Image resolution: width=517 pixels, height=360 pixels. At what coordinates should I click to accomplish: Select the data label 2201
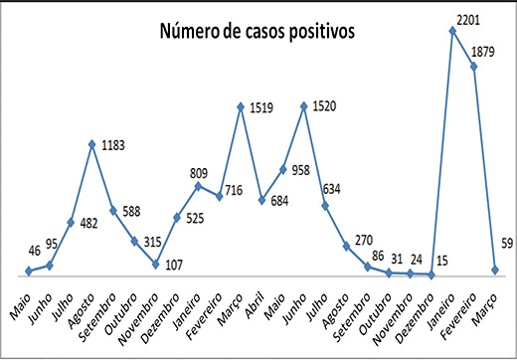point(468,21)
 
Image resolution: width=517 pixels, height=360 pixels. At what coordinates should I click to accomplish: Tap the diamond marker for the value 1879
point(474,67)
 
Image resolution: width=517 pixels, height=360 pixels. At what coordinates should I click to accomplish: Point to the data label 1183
point(113,145)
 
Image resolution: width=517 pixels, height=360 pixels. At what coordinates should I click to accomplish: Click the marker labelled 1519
point(241,107)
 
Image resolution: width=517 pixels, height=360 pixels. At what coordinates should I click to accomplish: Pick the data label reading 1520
point(324,106)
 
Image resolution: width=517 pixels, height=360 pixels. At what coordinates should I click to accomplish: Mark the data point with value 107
point(156,264)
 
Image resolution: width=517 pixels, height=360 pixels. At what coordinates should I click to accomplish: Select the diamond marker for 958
point(283,169)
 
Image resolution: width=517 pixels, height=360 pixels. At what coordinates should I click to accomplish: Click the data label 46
point(35,251)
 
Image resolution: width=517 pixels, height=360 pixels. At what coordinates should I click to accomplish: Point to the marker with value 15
point(431,274)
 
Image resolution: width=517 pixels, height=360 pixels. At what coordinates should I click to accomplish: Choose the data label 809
point(199,173)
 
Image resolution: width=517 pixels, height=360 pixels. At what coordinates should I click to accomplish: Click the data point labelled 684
point(261,200)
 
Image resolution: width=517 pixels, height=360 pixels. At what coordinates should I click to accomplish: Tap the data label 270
point(364,240)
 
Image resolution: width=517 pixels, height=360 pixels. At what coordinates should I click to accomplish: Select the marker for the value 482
point(71,223)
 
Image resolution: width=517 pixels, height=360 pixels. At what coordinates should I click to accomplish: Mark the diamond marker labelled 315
point(134,241)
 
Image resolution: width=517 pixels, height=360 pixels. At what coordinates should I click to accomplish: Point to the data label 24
point(417,260)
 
